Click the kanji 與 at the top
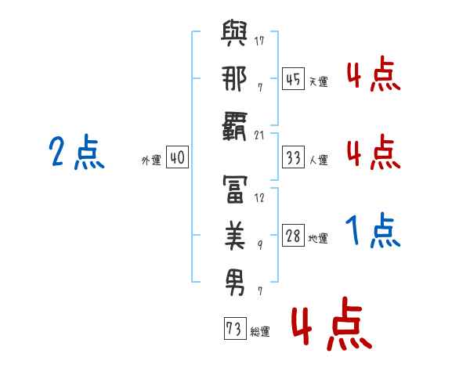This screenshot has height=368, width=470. pos(235,36)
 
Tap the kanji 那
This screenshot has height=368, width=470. pos(235,78)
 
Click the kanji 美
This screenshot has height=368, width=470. pos(235,235)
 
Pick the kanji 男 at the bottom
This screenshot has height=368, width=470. pos(235,280)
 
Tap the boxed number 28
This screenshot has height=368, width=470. pos(293,236)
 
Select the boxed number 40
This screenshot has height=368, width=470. pos(176,157)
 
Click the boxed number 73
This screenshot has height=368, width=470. pos(233,329)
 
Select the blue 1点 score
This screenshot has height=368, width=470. pos(373,232)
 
